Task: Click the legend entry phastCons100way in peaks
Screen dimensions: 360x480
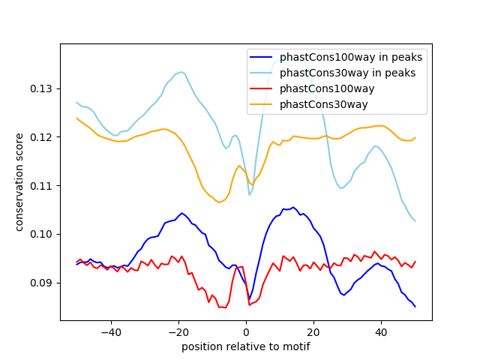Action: [350, 57]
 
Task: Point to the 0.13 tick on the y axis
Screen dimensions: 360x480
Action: [43, 88]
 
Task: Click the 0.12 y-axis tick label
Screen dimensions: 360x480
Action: [43, 137]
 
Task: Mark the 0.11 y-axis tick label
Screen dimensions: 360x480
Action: [43, 186]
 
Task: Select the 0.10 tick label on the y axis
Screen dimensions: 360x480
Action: [43, 234]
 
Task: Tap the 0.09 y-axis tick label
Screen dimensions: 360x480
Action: [43, 283]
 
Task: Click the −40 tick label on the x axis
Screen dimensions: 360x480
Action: [111, 332]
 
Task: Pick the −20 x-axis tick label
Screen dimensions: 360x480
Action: [178, 332]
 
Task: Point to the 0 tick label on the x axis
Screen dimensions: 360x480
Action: [246, 332]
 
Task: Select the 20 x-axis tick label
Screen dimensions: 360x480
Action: [313, 332]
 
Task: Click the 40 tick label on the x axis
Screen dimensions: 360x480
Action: [381, 332]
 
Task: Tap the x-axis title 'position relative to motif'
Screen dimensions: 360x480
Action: [246, 346]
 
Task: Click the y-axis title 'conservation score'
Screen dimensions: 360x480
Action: [19, 182]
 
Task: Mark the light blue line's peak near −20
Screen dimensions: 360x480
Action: [181, 72]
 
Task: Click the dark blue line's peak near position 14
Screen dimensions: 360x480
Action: [293, 207]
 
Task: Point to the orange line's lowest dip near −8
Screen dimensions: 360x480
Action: [219, 202]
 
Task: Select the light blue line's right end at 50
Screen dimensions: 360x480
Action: [415, 220]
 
